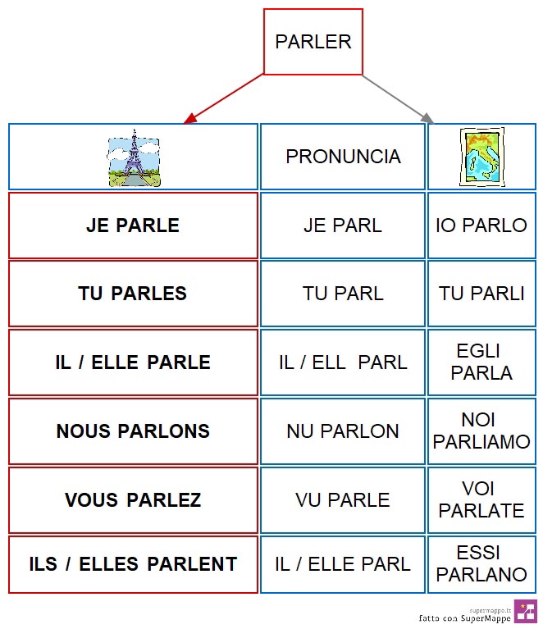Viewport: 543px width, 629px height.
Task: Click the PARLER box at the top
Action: (x=313, y=42)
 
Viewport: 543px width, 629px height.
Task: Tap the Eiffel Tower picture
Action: (x=134, y=158)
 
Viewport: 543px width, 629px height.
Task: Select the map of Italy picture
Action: (x=482, y=157)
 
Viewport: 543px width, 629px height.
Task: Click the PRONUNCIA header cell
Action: (x=343, y=157)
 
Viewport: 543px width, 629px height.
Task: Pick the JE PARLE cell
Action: (x=133, y=226)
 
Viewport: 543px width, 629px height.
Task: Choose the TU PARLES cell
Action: (x=133, y=294)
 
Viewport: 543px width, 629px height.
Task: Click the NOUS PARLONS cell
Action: (x=133, y=431)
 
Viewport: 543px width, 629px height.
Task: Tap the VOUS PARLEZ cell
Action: (x=133, y=500)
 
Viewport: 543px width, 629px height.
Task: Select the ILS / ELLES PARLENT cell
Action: (x=133, y=564)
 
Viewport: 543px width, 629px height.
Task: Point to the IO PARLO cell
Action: (x=481, y=226)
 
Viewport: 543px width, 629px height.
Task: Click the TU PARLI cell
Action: (x=481, y=294)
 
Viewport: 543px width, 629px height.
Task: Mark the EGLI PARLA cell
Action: (x=481, y=362)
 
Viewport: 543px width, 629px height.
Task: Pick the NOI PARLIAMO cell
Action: (x=481, y=431)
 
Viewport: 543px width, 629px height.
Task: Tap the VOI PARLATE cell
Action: (x=481, y=500)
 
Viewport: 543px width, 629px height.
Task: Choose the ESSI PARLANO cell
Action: (x=481, y=564)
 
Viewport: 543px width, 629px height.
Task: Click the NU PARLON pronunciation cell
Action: (x=343, y=431)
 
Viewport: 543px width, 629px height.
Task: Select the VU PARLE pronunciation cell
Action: (x=343, y=500)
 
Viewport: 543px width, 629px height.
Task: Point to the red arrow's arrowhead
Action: (x=189, y=119)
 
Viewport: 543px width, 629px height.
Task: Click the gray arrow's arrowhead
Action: (x=428, y=118)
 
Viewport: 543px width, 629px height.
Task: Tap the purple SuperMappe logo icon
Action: (x=526, y=611)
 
